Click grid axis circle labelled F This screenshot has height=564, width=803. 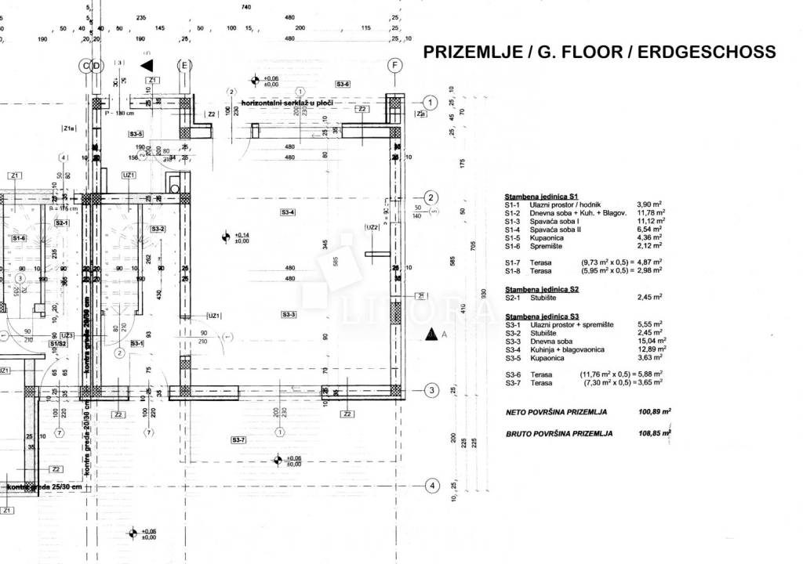click(x=395, y=66)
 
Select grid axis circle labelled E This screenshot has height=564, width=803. click(x=185, y=66)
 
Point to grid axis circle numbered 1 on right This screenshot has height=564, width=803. click(x=430, y=103)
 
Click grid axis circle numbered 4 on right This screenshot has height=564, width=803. click(x=430, y=486)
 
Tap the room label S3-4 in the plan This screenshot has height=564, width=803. click(x=288, y=212)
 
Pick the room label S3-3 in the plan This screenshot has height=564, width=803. click(x=288, y=314)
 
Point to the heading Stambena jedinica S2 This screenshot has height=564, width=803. click(x=542, y=289)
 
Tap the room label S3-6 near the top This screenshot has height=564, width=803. click(x=343, y=84)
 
